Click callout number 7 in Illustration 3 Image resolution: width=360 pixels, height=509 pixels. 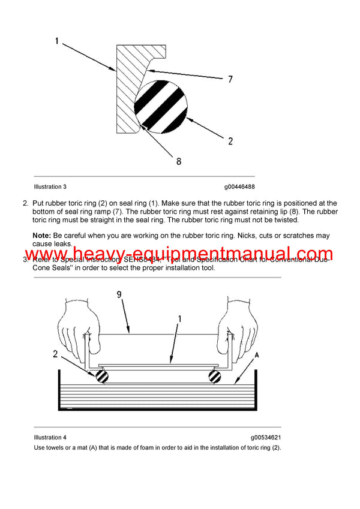coord(230,79)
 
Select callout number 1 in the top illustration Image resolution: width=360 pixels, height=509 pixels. coord(57,41)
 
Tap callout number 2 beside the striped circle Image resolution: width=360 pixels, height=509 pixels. coord(230,141)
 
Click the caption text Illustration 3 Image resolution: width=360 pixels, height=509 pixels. coord(55,187)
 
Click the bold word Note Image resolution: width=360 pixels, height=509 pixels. coord(41,236)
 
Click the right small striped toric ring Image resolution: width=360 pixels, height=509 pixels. coord(214,377)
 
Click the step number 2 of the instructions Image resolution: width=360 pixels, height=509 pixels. coord(25,203)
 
